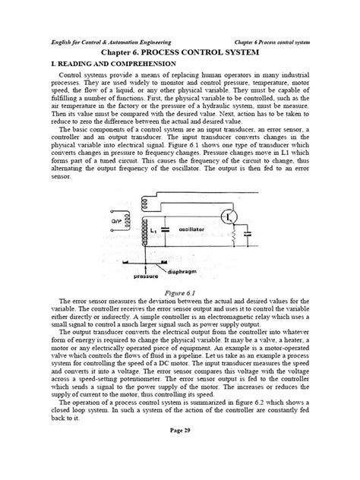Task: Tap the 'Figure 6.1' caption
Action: click(x=180, y=290)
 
